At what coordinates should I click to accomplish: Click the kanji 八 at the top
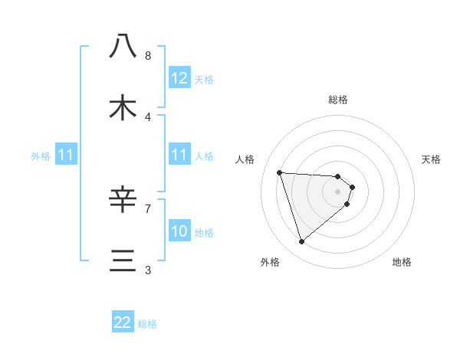click(123, 47)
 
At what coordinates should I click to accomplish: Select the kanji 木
click(123, 108)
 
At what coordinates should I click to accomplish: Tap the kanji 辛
click(123, 200)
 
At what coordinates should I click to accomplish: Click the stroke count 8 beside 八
click(147, 56)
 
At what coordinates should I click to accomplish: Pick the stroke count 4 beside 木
click(147, 116)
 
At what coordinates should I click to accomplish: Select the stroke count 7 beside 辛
click(147, 208)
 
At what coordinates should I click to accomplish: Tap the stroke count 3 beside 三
click(147, 270)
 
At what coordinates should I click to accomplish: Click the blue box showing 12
click(179, 78)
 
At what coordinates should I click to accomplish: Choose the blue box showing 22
click(123, 322)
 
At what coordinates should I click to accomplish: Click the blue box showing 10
click(179, 231)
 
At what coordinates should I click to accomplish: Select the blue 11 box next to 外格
click(66, 155)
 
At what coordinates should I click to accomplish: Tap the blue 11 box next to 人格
click(179, 155)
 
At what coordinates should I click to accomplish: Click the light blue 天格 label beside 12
click(204, 79)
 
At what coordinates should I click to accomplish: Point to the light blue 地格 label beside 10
click(204, 232)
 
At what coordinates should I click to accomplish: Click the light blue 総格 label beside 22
click(147, 324)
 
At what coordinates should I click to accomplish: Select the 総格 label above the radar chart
click(338, 100)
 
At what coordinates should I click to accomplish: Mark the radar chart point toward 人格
click(280, 172)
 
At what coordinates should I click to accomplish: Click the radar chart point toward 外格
click(301, 242)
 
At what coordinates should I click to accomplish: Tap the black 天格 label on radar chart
click(432, 159)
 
